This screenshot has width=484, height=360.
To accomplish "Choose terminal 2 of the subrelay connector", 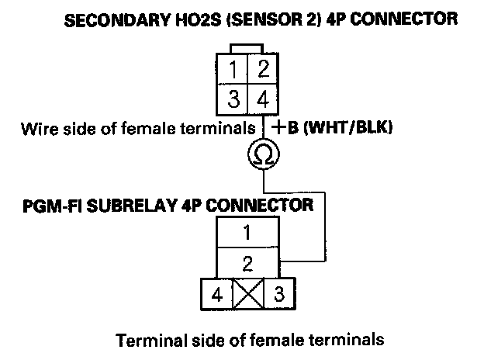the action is tap(247, 264).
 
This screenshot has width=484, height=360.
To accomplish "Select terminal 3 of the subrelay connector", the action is tap(278, 295).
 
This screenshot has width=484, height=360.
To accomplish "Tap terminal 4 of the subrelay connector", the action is tap(216, 295).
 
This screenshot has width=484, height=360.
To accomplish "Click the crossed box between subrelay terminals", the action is tap(247, 295).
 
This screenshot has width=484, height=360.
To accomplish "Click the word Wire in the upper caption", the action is tap(38, 129).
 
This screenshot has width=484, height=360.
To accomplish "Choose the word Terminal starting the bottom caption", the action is tap(144, 340).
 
